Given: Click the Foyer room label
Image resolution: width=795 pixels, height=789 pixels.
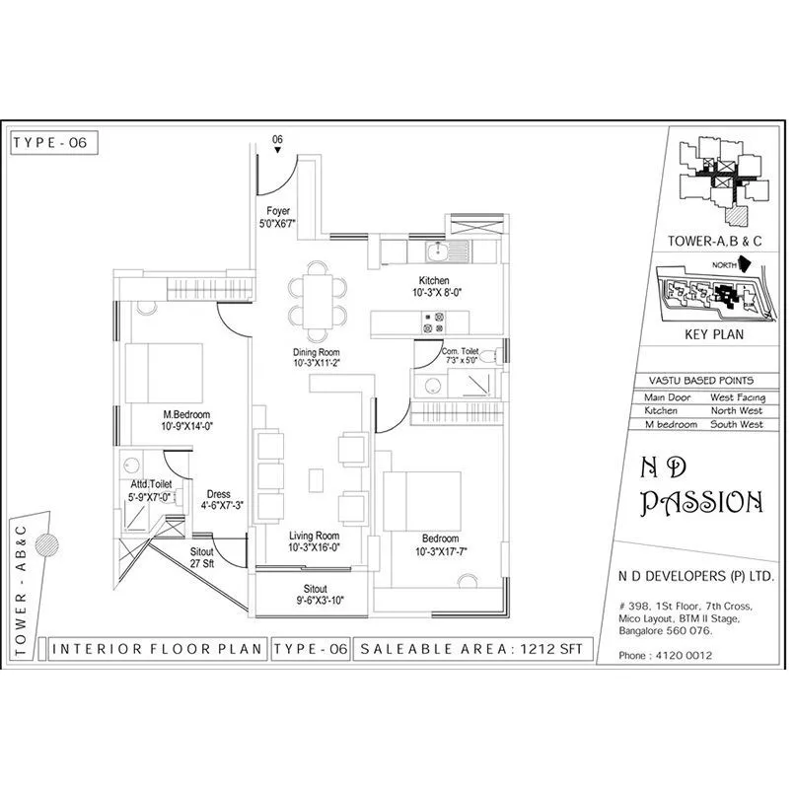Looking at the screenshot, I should (278, 211).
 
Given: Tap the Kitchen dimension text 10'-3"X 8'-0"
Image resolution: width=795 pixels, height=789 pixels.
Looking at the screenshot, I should (434, 293).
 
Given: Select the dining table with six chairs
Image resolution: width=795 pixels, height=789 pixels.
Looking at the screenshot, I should (318, 295).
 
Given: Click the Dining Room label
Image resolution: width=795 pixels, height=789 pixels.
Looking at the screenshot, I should (316, 353).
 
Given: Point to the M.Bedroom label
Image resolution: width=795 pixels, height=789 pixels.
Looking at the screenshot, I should (187, 415).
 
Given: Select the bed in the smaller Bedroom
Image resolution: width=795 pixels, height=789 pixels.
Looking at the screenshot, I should (422, 499).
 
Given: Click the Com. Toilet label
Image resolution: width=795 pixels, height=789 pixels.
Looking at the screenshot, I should (461, 351).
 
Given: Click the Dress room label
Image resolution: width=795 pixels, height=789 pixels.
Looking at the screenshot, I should (218, 495).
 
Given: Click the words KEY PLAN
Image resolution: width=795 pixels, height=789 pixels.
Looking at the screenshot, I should (712, 334).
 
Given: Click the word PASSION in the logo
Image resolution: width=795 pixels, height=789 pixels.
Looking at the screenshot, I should (701, 503).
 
